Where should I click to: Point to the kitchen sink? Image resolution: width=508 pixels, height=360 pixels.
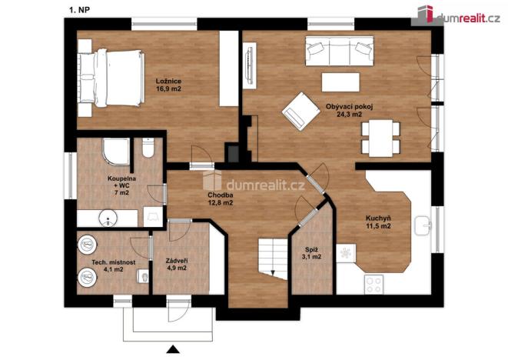(x=421, y=226)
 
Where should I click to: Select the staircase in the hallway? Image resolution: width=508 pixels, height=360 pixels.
(x=270, y=255)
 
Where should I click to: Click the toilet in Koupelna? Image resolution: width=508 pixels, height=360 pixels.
(x=148, y=147)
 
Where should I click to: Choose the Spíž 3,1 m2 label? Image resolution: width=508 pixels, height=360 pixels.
(x=312, y=254)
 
